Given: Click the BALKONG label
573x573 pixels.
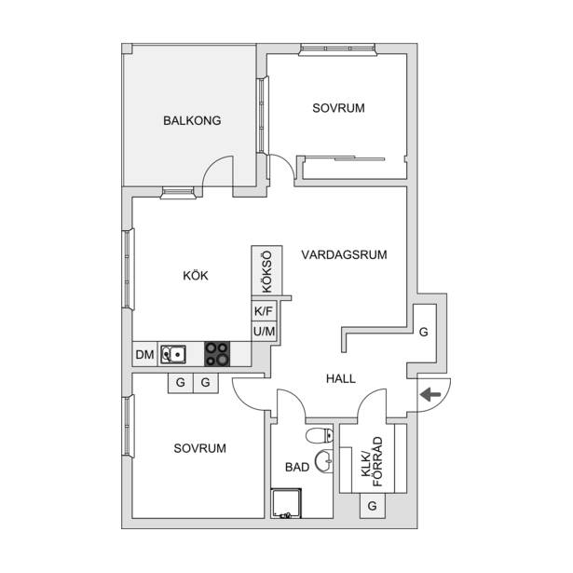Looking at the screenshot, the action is (192, 120).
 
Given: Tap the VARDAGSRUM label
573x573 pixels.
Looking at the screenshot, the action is (344, 254).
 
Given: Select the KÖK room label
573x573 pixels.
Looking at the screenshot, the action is (196, 275).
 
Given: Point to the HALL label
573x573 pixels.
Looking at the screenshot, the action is (341, 378).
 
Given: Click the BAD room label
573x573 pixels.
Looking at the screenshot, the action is (297, 467).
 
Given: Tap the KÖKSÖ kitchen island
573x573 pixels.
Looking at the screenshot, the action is (266, 270).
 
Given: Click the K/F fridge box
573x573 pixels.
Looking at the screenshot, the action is (264, 311).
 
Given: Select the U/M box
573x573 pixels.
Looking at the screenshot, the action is (264, 332).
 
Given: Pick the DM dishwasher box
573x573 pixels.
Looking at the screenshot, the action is (144, 354).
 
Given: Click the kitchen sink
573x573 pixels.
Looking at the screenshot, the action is (173, 354).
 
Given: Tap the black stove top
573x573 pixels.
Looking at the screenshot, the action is (217, 354).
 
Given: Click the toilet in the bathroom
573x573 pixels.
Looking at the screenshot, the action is (320, 435).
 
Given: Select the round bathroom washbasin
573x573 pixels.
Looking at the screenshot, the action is (324, 461).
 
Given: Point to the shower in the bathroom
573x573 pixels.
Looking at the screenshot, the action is (286, 503).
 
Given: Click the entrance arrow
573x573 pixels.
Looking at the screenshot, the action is (430, 395).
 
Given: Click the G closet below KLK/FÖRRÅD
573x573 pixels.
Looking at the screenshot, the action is (373, 506).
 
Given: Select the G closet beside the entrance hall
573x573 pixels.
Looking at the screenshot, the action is (424, 333).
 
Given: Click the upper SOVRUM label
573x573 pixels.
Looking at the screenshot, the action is (338, 108).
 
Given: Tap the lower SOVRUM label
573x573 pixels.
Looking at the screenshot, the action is (200, 448).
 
